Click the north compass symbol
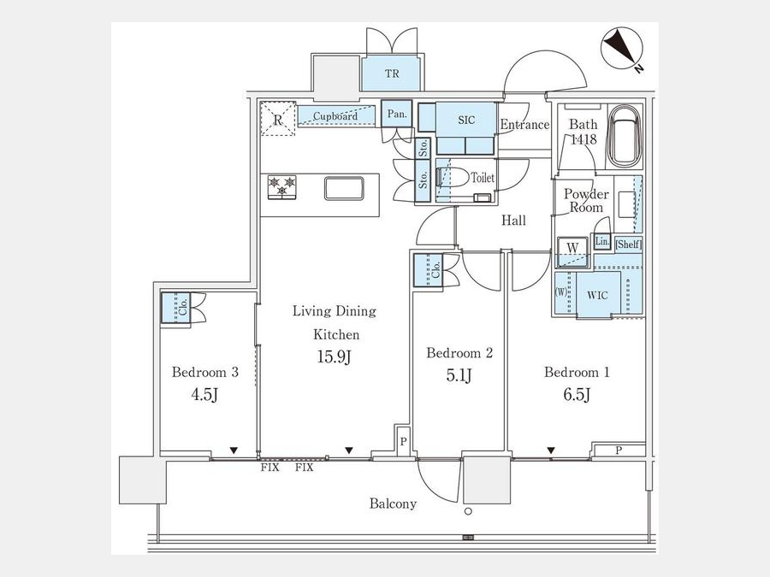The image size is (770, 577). point(622,48)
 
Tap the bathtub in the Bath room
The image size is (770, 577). point(625,137)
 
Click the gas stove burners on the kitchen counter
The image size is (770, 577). point(281,187)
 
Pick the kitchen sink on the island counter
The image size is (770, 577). point(344,188)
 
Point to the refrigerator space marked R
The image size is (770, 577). point(278,118)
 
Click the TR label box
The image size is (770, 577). point(391,74)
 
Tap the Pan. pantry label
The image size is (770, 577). point(397,115)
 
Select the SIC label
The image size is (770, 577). point(466,120)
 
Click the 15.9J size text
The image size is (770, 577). point(334,356)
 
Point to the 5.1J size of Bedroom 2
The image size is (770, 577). point(459,376)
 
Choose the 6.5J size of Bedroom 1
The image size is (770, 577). point(577,394)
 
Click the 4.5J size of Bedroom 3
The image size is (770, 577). point(204,394)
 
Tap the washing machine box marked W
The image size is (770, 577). point(572,252)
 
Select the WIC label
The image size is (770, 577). point(597,296)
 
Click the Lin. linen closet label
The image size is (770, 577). point(602,241)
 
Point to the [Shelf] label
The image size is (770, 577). point(629,244)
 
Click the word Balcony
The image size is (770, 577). point(393,503)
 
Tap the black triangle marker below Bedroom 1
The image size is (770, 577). point(551,450)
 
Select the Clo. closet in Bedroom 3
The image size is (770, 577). point(176,308)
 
